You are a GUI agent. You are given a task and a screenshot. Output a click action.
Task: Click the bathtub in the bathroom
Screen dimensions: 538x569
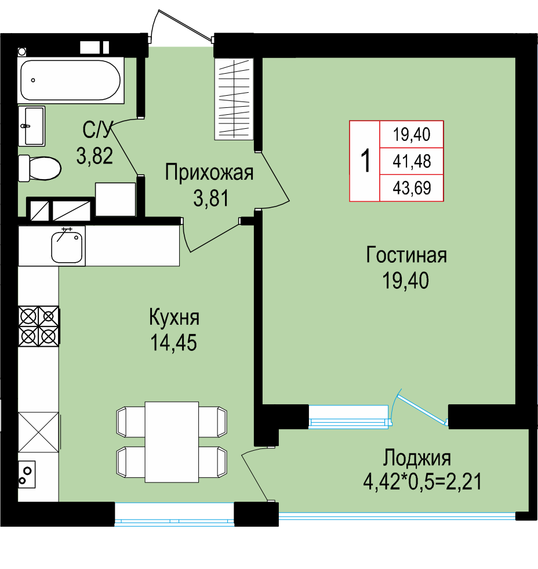coord(71,80)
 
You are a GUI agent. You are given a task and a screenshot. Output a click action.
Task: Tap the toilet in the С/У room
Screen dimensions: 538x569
coord(39,168)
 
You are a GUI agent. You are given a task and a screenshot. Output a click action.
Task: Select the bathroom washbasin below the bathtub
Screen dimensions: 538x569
coord(31,126)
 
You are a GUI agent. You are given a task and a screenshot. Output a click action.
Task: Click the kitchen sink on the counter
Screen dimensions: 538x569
coord(67,246)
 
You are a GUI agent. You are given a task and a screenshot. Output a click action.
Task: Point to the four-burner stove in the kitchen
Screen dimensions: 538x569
coord(39,326)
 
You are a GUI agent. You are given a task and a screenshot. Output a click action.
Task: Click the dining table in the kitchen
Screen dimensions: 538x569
coord(172,441)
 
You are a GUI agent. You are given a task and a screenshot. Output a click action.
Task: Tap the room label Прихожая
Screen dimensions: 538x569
coord(209,172)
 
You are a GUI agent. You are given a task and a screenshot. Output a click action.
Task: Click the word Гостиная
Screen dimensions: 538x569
coord(406,255)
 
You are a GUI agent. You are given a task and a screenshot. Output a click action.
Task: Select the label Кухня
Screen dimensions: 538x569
coord(174,317)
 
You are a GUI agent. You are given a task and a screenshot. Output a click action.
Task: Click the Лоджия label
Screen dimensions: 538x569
coord(417,458)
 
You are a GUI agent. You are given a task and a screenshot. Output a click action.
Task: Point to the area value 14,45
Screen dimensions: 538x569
coord(174,342)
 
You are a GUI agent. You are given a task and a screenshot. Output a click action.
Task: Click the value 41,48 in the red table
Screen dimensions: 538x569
coord(412,161)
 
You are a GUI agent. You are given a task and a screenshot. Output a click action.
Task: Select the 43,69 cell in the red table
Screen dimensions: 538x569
coord(412,188)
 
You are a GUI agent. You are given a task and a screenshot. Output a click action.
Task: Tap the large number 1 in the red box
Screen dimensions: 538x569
coord(366,161)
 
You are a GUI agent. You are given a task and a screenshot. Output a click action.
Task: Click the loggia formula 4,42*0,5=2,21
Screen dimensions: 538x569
coord(422,482)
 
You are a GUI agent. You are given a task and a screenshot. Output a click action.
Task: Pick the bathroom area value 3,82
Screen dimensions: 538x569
coord(94,155)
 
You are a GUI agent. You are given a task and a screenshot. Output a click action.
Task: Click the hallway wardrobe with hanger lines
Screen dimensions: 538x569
coord(234,99)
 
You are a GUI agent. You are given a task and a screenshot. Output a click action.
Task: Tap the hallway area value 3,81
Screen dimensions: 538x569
coord(211,198)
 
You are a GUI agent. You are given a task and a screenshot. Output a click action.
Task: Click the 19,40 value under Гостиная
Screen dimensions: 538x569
coord(406,281)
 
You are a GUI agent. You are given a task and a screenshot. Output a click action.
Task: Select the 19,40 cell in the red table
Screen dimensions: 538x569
coord(412,134)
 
